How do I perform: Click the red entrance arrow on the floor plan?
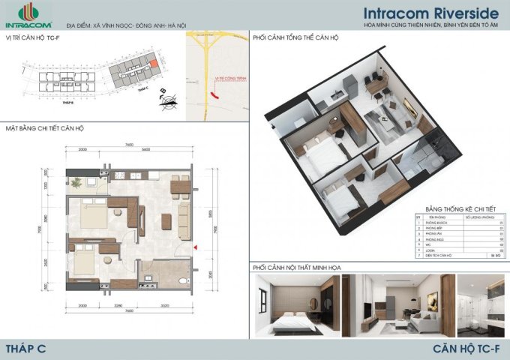click(195, 246)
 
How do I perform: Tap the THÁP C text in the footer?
click(23, 347)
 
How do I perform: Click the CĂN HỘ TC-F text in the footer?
click(466, 347)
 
